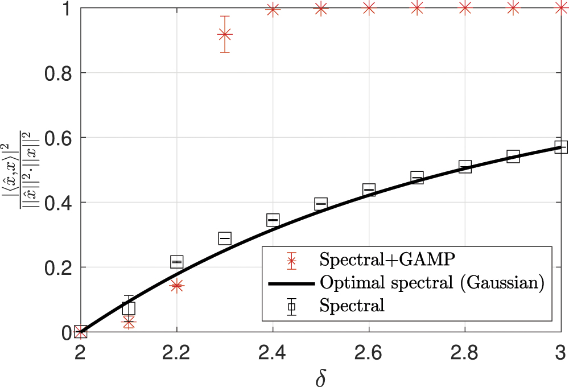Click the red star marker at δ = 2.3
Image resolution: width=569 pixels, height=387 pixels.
(x=225, y=35)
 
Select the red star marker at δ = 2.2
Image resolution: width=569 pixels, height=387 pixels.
(x=177, y=286)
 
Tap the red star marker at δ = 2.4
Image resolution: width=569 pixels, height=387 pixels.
(x=273, y=10)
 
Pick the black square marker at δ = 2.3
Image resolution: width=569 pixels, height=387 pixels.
(x=225, y=238)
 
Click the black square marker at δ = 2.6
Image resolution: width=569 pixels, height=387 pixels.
(x=369, y=190)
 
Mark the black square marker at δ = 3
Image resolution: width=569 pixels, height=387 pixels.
(x=561, y=147)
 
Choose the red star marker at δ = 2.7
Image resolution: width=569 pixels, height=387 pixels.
(x=417, y=8)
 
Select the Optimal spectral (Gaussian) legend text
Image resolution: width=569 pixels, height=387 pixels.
(x=430, y=282)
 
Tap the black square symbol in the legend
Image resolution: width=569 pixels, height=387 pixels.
(x=291, y=306)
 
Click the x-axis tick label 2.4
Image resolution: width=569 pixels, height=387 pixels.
(x=273, y=352)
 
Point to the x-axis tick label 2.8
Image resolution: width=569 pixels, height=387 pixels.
(x=465, y=352)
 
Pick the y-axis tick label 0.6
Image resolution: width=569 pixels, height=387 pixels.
(x=55, y=138)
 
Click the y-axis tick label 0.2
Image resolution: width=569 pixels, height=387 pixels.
(x=55, y=267)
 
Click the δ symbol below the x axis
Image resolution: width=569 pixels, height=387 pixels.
(x=320, y=375)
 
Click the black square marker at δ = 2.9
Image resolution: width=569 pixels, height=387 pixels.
(x=513, y=157)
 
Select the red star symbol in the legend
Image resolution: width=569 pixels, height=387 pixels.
(x=291, y=260)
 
